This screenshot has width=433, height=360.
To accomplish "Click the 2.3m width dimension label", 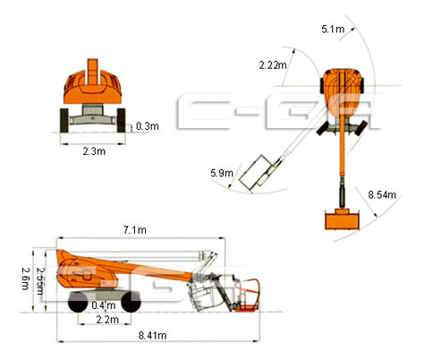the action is tap(94, 151).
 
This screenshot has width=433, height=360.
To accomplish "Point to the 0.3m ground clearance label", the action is tap(148, 126).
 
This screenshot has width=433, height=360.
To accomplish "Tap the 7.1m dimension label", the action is tap(135, 230).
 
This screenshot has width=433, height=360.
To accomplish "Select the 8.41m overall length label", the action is tap(152, 335).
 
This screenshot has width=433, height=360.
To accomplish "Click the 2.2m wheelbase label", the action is tap(107, 320).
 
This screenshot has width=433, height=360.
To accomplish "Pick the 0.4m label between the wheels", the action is tap(104, 305).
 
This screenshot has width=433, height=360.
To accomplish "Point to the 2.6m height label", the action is tap(26, 279).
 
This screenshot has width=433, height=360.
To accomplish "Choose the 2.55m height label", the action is tap(40, 280).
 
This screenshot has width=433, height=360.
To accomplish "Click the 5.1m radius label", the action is tap(333, 29).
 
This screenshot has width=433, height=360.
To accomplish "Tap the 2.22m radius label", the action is tap(273, 64).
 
